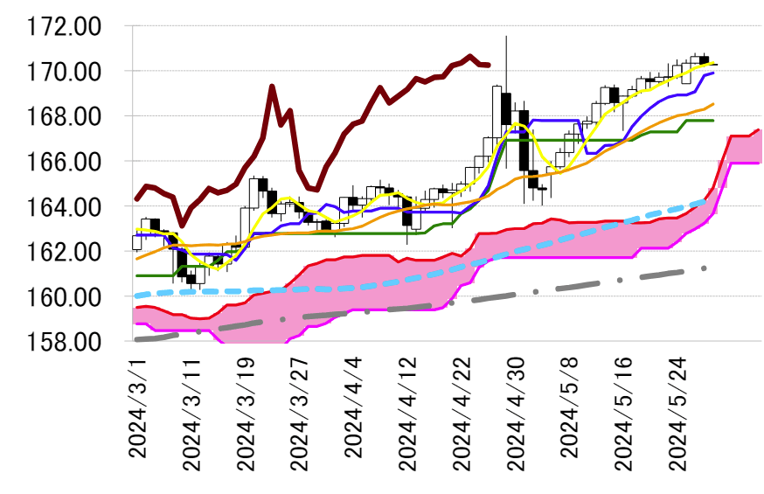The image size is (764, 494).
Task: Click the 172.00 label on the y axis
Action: [x=64, y=26]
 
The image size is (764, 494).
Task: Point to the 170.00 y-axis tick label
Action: [x=64, y=71]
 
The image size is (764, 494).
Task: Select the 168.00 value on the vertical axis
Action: [x=64, y=116]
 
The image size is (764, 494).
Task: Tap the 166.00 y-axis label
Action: [x=64, y=162]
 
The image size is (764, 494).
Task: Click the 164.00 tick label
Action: [x=64, y=207]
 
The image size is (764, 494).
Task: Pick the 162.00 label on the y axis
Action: [x=64, y=252]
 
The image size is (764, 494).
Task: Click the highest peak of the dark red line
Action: [x=470, y=56]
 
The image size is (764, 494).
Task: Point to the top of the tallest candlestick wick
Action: [x=506, y=36]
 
